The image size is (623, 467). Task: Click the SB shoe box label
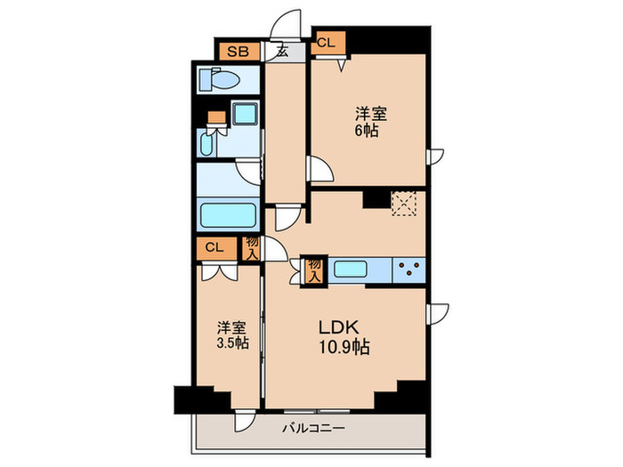[237, 52]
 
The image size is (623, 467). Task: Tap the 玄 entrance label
[280, 52]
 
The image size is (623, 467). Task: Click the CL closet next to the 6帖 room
[326, 42]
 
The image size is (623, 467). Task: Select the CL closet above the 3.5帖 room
[214, 248]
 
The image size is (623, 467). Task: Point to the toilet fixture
[221, 80]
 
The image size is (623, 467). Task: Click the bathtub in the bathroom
[229, 216]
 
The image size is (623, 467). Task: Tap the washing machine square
[244, 115]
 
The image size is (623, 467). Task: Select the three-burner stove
[409, 268]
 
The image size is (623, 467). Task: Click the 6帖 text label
[368, 131]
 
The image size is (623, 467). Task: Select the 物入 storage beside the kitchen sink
[314, 270]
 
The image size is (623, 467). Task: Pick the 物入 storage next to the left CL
[252, 248]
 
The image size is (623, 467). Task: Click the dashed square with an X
[404, 204]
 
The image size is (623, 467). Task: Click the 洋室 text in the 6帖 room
[371, 113]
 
